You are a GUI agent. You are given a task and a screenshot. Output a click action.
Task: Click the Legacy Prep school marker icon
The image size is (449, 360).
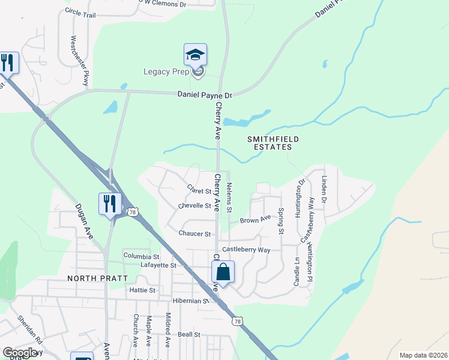(196, 55)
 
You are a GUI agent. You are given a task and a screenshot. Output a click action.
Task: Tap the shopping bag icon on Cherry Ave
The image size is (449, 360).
(223, 272)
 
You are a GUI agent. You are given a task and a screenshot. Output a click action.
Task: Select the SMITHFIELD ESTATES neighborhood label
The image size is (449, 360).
(274, 143)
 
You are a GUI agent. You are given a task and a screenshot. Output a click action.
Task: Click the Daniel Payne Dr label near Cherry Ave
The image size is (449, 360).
(205, 95)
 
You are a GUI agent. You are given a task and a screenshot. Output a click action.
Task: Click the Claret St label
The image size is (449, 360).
(200, 191)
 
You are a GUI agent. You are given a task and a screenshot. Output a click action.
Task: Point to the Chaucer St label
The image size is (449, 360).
(194, 233)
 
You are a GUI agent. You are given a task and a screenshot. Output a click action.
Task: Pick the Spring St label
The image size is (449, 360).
(280, 221)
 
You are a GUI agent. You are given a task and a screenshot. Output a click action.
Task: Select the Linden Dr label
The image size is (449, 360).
(324, 188)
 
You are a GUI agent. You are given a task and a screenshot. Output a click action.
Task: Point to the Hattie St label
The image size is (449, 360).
(142, 290)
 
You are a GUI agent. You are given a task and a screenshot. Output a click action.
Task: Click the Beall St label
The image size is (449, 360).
(188, 334)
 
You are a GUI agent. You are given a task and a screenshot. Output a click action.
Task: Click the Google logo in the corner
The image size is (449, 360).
(19, 352)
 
